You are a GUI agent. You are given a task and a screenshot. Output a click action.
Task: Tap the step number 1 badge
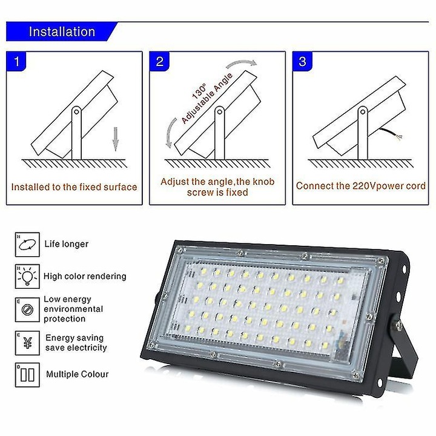point(17,62)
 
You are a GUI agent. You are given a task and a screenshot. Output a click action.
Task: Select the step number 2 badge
point(160,62)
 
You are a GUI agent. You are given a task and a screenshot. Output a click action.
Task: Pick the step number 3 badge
point(303,62)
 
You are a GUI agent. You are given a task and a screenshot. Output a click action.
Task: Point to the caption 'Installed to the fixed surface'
point(74,187)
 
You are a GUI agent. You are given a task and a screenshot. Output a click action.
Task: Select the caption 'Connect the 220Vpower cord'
point(361,186)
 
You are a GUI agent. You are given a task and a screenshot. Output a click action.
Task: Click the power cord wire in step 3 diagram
point(388,133)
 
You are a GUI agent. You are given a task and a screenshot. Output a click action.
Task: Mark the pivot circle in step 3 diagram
point(362,112)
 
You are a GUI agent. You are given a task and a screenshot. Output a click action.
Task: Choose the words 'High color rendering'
point(85,277)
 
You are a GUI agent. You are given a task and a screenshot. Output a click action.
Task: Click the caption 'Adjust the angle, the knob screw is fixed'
point(217,187)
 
